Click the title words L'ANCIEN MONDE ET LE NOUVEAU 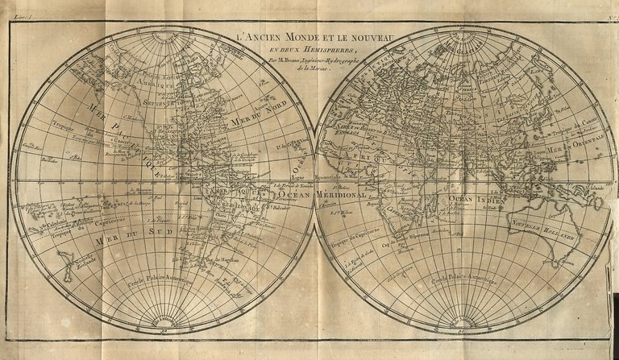310,35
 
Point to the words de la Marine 310,69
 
